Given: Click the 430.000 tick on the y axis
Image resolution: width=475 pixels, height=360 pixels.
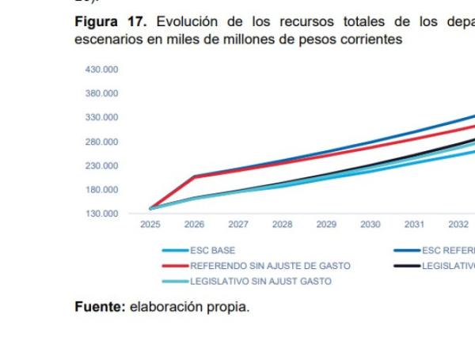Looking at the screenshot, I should [101, 70].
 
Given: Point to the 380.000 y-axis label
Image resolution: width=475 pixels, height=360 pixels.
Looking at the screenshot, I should [101, 93].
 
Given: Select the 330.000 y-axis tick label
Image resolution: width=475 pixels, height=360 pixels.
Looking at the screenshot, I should [101, 117].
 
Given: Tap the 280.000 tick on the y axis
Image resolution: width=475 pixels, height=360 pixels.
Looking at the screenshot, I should [101, 142].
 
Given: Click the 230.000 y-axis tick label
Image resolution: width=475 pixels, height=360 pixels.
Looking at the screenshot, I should [101, 165].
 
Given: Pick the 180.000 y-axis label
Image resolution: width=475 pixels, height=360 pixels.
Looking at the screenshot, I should [101, 190].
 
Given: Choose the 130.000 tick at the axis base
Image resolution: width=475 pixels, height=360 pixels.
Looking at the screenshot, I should [101, 214].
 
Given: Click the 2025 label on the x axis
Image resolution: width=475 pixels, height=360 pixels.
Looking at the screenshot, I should [150, 225].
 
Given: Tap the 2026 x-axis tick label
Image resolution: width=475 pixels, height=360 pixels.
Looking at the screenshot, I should [194, 225].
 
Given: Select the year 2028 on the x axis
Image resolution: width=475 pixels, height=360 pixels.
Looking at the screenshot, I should [282, 225].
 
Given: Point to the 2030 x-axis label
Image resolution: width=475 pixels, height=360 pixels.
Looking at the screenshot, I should [370, 225].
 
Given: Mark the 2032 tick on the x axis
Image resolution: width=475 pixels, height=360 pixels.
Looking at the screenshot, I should [458, 225].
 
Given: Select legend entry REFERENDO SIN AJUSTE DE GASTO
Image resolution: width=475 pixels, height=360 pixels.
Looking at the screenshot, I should [269, 266].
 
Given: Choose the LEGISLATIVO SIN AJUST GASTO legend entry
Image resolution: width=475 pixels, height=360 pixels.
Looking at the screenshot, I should [260, 281].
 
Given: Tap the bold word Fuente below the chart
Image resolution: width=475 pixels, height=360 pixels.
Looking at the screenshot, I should [98, 307].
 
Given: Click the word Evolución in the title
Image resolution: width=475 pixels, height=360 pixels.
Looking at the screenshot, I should [184, 22].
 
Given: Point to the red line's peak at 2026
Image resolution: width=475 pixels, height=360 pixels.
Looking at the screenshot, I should [194, 176].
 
